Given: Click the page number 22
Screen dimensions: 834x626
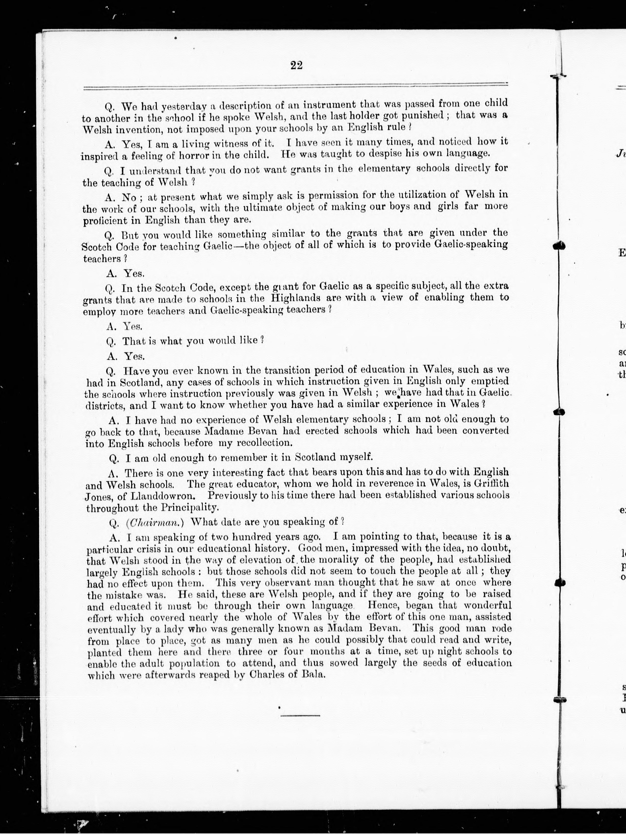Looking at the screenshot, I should tap(296, 65).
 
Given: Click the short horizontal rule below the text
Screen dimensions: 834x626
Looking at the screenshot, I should tap(300, 715).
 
